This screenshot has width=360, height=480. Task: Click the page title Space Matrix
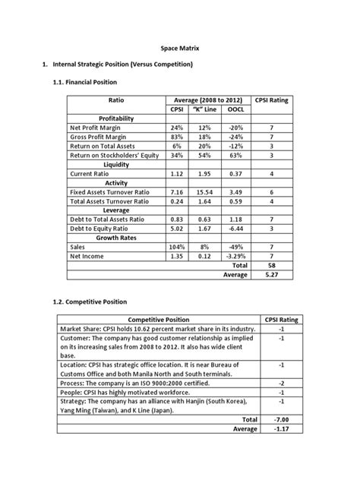pos(179,48)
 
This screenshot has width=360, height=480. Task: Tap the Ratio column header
pos(116,99)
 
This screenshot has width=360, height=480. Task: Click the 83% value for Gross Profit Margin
pos(177,137)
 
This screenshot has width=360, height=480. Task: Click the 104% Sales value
pos(177,247)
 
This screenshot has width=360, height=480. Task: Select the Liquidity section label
pos(115,163)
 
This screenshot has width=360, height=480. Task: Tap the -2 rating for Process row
pos(281,383)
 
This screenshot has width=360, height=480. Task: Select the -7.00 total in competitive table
pos(281,418)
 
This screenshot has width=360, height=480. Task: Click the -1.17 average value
pos(281,428)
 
